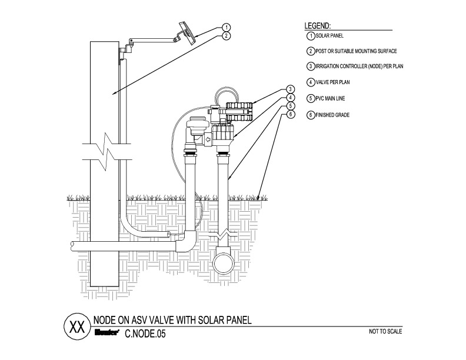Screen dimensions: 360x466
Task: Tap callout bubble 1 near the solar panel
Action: click(x=226, y=27)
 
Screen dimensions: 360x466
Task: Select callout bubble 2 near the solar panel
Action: click(x=226, y=35)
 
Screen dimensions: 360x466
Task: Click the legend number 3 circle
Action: click(x=311, y=66)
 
